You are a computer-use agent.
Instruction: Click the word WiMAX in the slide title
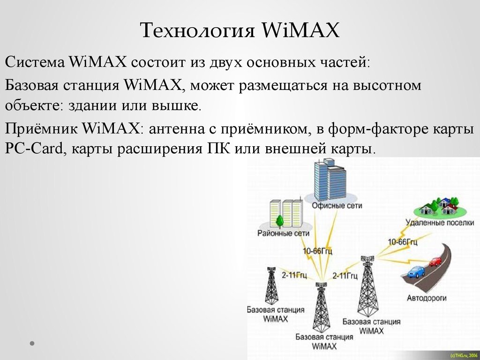point(300,30)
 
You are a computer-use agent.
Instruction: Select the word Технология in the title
point(197,31)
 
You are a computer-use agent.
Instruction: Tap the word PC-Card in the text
point(34,149)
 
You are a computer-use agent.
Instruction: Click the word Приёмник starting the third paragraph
point(41,128)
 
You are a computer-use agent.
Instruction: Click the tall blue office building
point(330,180)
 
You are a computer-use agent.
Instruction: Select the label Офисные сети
point(337,205)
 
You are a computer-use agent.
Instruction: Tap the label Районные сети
point(283,233)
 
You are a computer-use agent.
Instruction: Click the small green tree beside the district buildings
point(279,222)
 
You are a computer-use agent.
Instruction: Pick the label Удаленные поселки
point(440,223)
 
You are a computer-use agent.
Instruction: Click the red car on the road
point(435,262)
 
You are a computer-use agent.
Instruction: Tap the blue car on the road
point(416,272)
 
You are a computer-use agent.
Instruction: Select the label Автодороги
point(427,298)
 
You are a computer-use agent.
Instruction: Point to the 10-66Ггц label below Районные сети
point(317,251)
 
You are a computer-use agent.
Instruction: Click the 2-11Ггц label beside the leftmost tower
point(294,275)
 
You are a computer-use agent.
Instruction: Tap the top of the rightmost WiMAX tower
point(367,257)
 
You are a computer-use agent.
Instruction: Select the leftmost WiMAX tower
point(271,285)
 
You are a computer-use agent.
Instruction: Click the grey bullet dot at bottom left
point(32,343)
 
